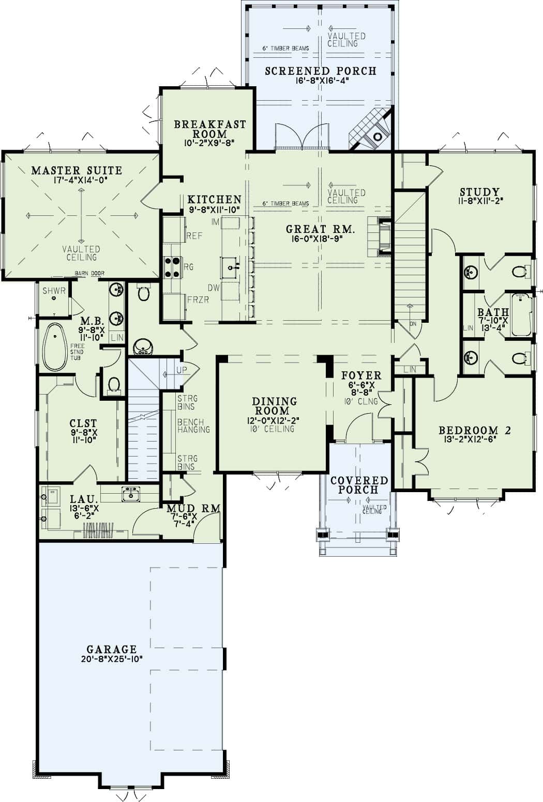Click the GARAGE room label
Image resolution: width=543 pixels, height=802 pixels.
tap(111, 649)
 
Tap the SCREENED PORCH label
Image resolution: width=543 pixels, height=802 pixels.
tap(321, 71)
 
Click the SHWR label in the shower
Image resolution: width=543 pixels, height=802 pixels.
tap(54, 291)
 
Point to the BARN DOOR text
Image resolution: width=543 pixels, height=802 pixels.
tap(89, 274)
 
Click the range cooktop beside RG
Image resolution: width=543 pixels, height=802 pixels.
tap(171, 267)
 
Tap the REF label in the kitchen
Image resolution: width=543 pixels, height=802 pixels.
tap(194, 236)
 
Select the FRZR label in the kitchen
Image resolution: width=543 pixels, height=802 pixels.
tap(199, 300)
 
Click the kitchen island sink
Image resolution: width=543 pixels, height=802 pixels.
tap(231, 267)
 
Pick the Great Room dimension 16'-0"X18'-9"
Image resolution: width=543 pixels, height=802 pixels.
tap(321, 239)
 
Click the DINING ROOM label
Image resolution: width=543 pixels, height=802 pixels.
tap(274, 406)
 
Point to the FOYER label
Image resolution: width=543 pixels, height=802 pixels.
tap(361, 375)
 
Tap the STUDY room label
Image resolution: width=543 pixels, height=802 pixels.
tap(479, 193)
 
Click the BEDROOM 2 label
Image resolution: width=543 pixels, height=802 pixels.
tap(474, 430)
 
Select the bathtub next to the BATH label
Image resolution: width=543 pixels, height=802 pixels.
tap(521, 314)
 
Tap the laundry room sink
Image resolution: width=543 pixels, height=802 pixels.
tap(131, 495)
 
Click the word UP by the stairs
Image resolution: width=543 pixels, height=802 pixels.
tap(182, 371)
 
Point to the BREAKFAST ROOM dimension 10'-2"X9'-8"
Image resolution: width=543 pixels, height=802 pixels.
tap(209, 143)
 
